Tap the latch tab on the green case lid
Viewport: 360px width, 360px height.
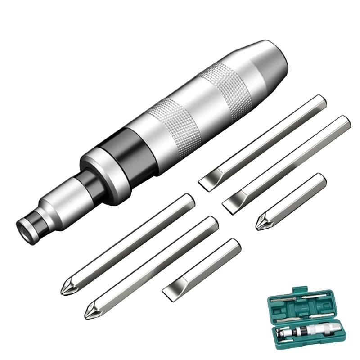coord(295,291)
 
